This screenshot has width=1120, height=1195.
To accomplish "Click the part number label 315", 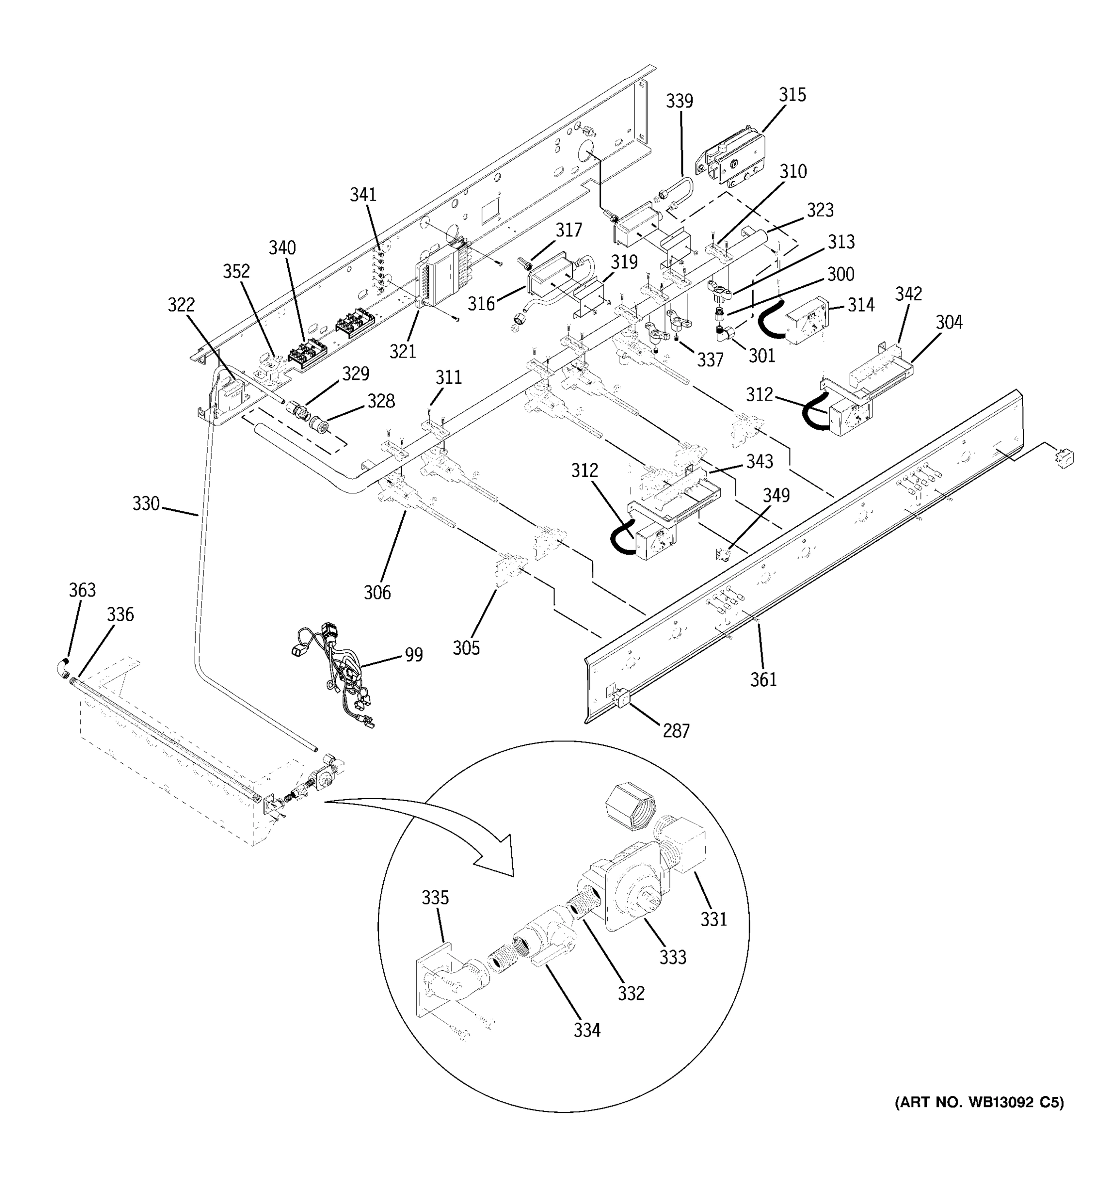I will click(792, 95).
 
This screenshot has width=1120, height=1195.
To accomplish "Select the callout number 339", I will click(679, 101).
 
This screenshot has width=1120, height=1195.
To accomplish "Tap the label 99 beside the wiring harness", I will click(413, 654).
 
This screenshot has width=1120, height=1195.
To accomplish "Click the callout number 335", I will click(435, 897).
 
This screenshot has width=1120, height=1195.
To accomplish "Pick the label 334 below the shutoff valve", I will click(586, 1030).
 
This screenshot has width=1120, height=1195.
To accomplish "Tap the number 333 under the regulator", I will click(672, 957).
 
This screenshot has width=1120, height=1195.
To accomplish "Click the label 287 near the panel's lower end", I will click(676, 730).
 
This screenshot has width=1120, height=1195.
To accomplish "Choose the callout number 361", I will click(763, 679).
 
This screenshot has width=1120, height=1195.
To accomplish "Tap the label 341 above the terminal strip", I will click(363, 194).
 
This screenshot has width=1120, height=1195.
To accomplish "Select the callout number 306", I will click(377, 592).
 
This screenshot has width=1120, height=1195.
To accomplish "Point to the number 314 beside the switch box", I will click(861, 305).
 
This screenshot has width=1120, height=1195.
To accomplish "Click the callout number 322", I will click(181, 305).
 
